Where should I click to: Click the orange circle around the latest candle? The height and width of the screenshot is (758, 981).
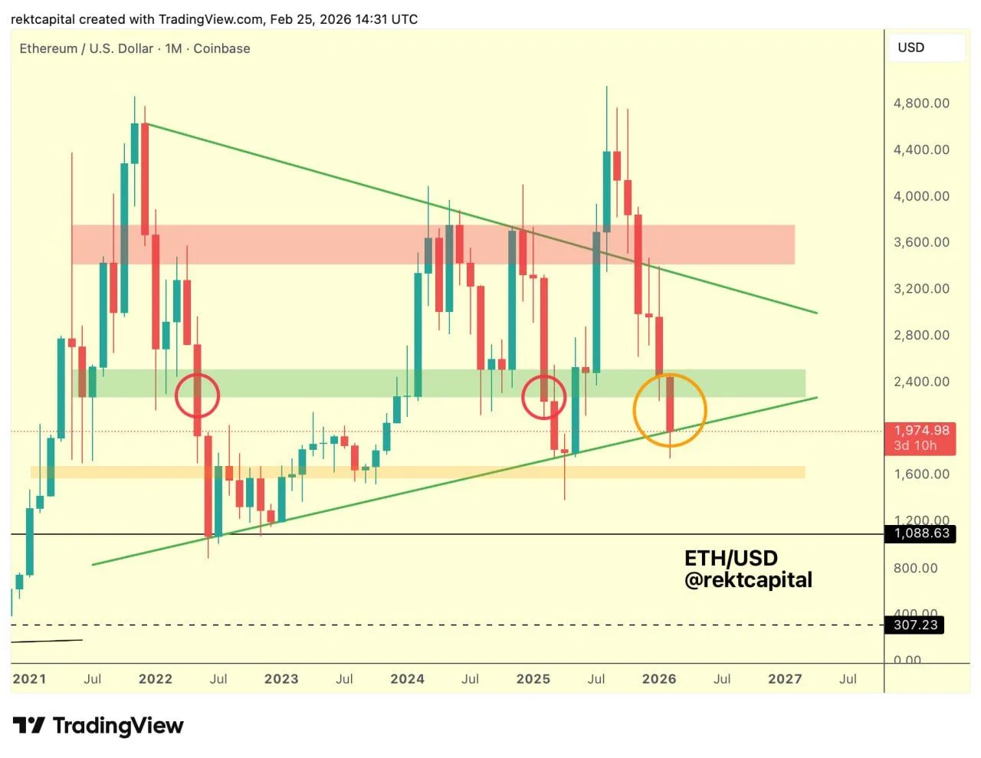click(x=669, y=410)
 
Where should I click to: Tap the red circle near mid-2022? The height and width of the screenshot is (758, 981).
click(x=197, y=395)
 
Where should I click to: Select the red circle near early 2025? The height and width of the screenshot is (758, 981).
click(x=544, y=397)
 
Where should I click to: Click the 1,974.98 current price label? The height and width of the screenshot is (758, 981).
click(x=921, y=431)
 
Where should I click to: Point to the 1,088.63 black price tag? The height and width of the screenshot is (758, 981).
click(x=920, y=533)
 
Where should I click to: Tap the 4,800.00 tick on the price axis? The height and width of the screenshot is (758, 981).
click(x=921, y=103)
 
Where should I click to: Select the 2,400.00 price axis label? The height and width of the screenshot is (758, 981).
click(x=921, y=382)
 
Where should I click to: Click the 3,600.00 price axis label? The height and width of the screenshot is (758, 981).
click(x=921, y=242)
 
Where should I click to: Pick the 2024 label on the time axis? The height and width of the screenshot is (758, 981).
click(x=407, y=679)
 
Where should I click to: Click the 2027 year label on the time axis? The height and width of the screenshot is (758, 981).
click(x=785, y=679)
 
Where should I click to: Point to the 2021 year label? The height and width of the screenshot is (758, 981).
click(x=29, y=679)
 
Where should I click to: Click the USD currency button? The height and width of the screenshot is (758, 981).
click(x=911, y=48)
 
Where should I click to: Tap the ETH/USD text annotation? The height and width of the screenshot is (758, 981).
click(x=730, y=558)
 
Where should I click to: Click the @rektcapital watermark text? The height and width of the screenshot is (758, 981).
click(x=748, y=580)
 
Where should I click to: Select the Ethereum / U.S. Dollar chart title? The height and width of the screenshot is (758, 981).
click(x=87, y=48)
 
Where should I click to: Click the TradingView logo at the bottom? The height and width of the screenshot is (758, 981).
click(x=99, y=725)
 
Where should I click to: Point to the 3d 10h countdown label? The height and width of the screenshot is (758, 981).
click(x=915, y=445)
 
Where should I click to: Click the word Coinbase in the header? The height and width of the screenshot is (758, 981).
click(x=221, y=48)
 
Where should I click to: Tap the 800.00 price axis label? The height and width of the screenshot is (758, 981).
click(x=915, y=568)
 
